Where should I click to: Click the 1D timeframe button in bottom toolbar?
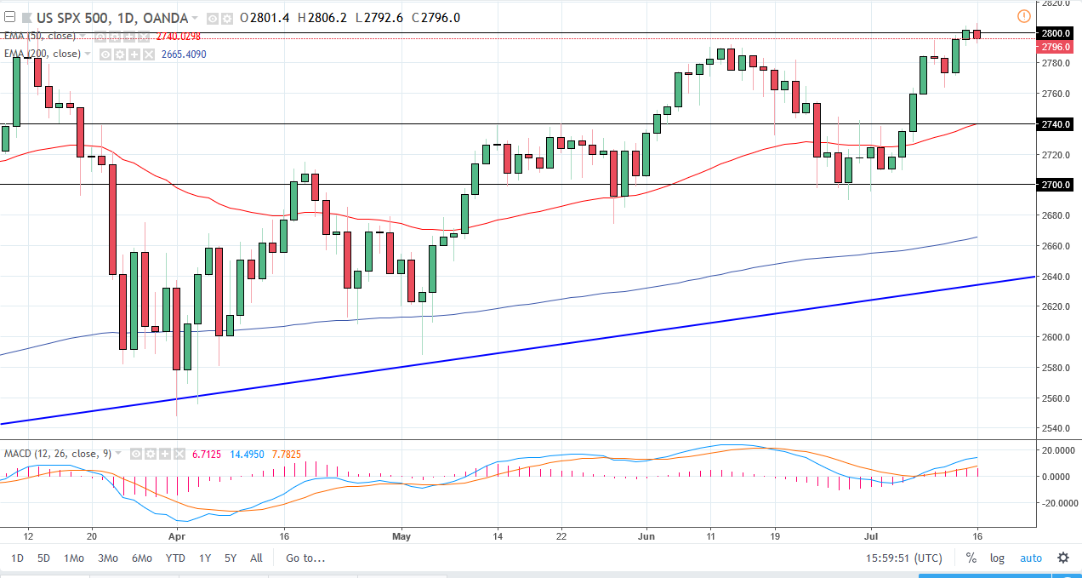click(x=18, y=558)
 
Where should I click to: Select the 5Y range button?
click(x=231, y=558)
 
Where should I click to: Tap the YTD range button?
click(x=175, y=558)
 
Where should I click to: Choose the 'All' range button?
click(x=256, y=558)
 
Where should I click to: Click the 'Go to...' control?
click(x=305, y=558)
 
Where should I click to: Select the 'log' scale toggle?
click(x=997, y=558)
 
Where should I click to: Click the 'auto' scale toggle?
click(x=1030, y=558)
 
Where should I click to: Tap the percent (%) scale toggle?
click(x=971, y=558)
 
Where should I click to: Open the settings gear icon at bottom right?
click(x=1062, y=558)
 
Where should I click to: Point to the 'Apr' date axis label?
click(x=176, y=536)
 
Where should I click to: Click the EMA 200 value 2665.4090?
click(x=184, y=54)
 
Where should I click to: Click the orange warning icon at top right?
click(x=1023, y=16)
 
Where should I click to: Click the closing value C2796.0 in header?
click(x=436, y=17)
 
